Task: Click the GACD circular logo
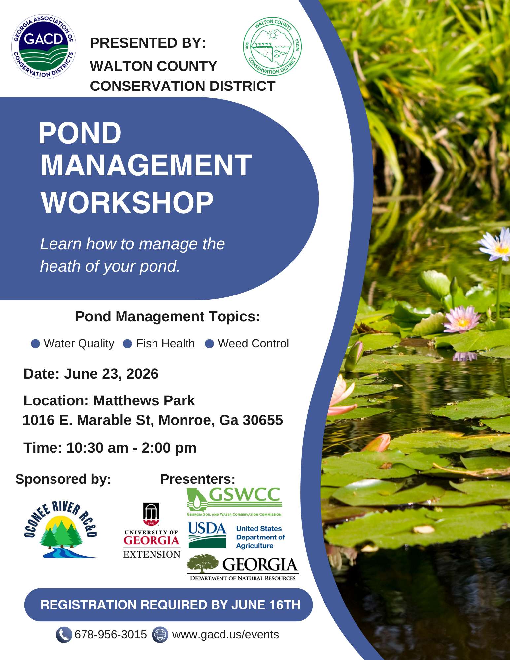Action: [44, 47]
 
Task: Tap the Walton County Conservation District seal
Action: [272, 47]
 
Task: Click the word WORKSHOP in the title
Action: [127, 203]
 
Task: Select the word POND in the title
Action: [80, 133]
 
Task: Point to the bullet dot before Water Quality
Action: [35, 344]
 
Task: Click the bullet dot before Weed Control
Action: [209, 344]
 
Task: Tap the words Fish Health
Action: [165, 344]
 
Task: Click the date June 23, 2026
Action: [111, 374]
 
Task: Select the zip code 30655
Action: [262, 420]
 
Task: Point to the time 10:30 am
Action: [97, 448]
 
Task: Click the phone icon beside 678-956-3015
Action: [64, 635]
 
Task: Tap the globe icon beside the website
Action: [160, 635]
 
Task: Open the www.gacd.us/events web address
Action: [225, 635]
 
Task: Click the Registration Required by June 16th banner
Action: [168, 605]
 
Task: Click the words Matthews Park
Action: [144, 401]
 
